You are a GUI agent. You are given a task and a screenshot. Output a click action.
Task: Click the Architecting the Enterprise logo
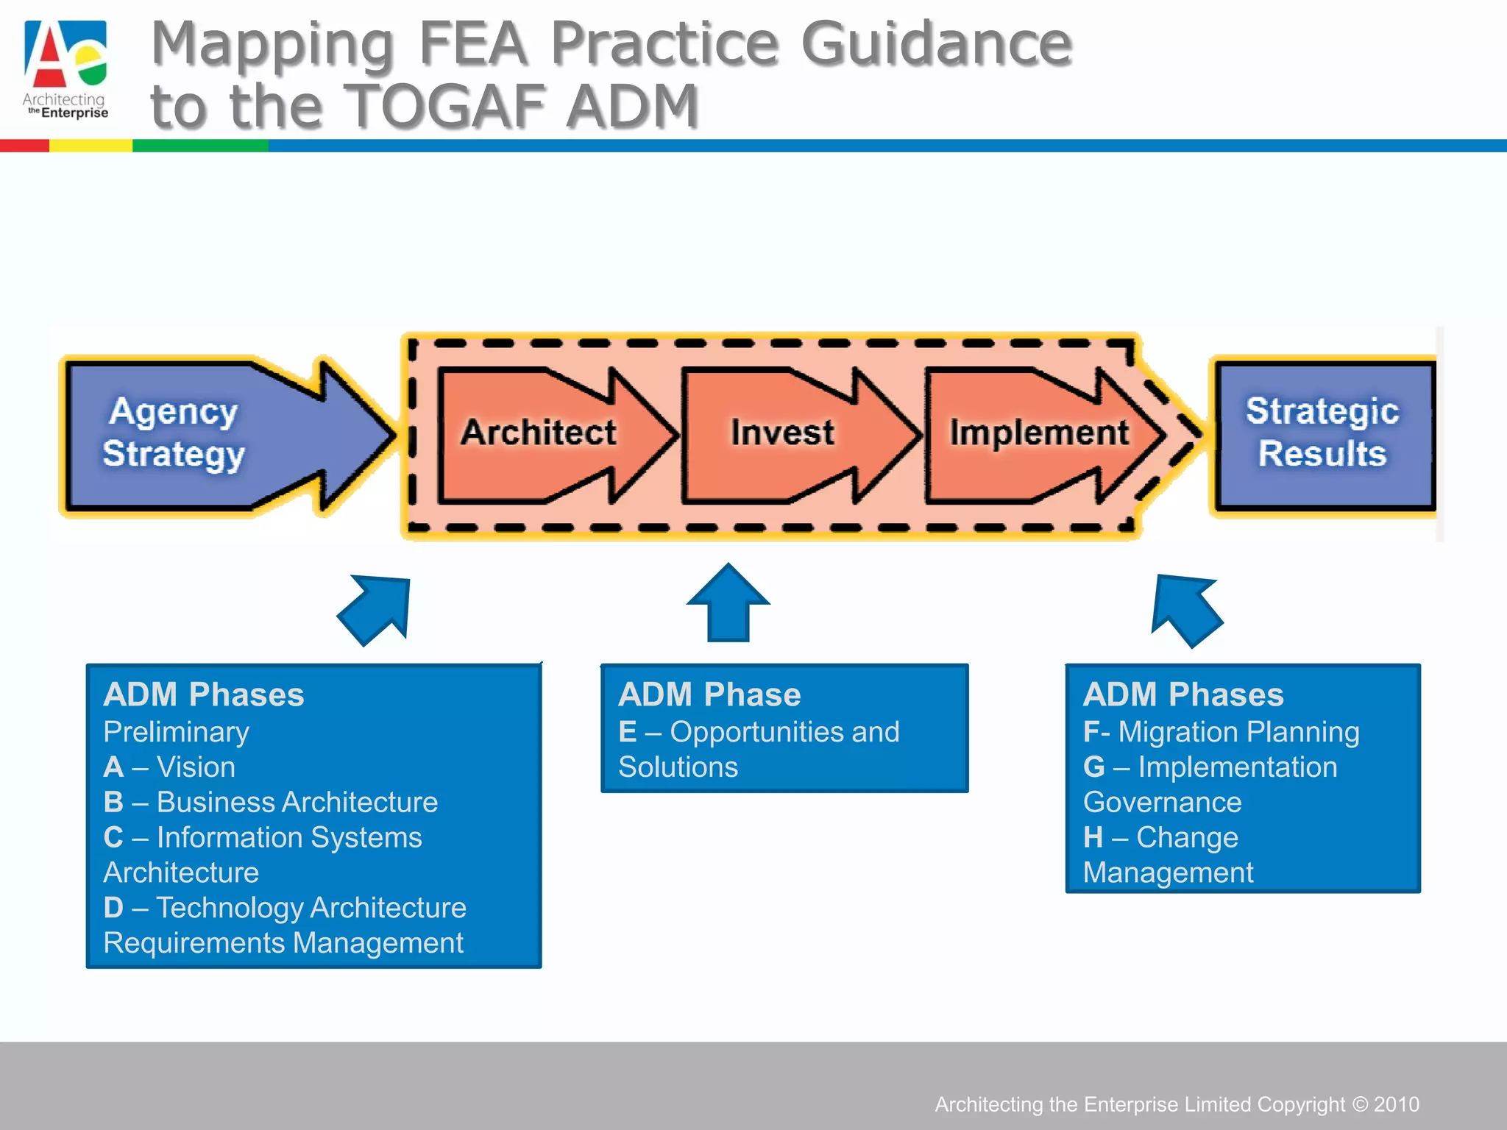click(65, 68)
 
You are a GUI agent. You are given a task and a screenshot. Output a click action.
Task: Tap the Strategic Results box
click(1322, 434)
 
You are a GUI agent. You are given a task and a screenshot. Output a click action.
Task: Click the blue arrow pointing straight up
click(728, 603)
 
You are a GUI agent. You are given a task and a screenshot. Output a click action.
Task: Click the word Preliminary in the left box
click(177, 732)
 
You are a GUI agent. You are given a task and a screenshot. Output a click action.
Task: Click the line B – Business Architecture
click(271, 802)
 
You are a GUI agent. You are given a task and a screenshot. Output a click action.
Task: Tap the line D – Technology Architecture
click(286, 908)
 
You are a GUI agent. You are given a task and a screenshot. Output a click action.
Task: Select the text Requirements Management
click(283, 943)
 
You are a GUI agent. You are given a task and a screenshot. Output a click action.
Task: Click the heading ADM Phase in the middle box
click(709, 694)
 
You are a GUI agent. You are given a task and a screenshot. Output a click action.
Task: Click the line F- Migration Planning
click(1221, 732)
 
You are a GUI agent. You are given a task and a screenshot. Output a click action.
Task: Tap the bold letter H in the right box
click(1093, 837)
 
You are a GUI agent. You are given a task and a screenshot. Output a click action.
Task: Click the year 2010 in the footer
click(1397, 1104)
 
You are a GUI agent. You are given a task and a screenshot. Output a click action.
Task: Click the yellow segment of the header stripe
click(91, 146)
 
